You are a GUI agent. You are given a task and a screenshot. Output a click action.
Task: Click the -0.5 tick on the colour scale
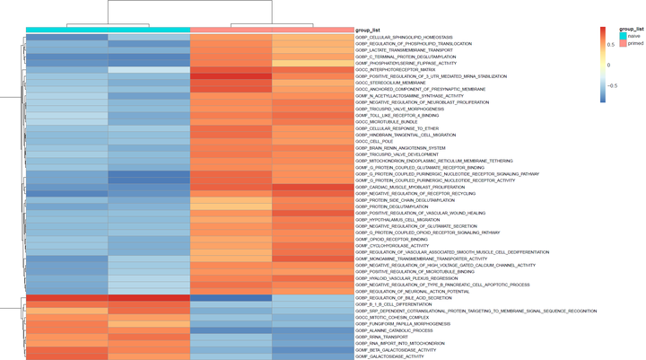tap(615, 85)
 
